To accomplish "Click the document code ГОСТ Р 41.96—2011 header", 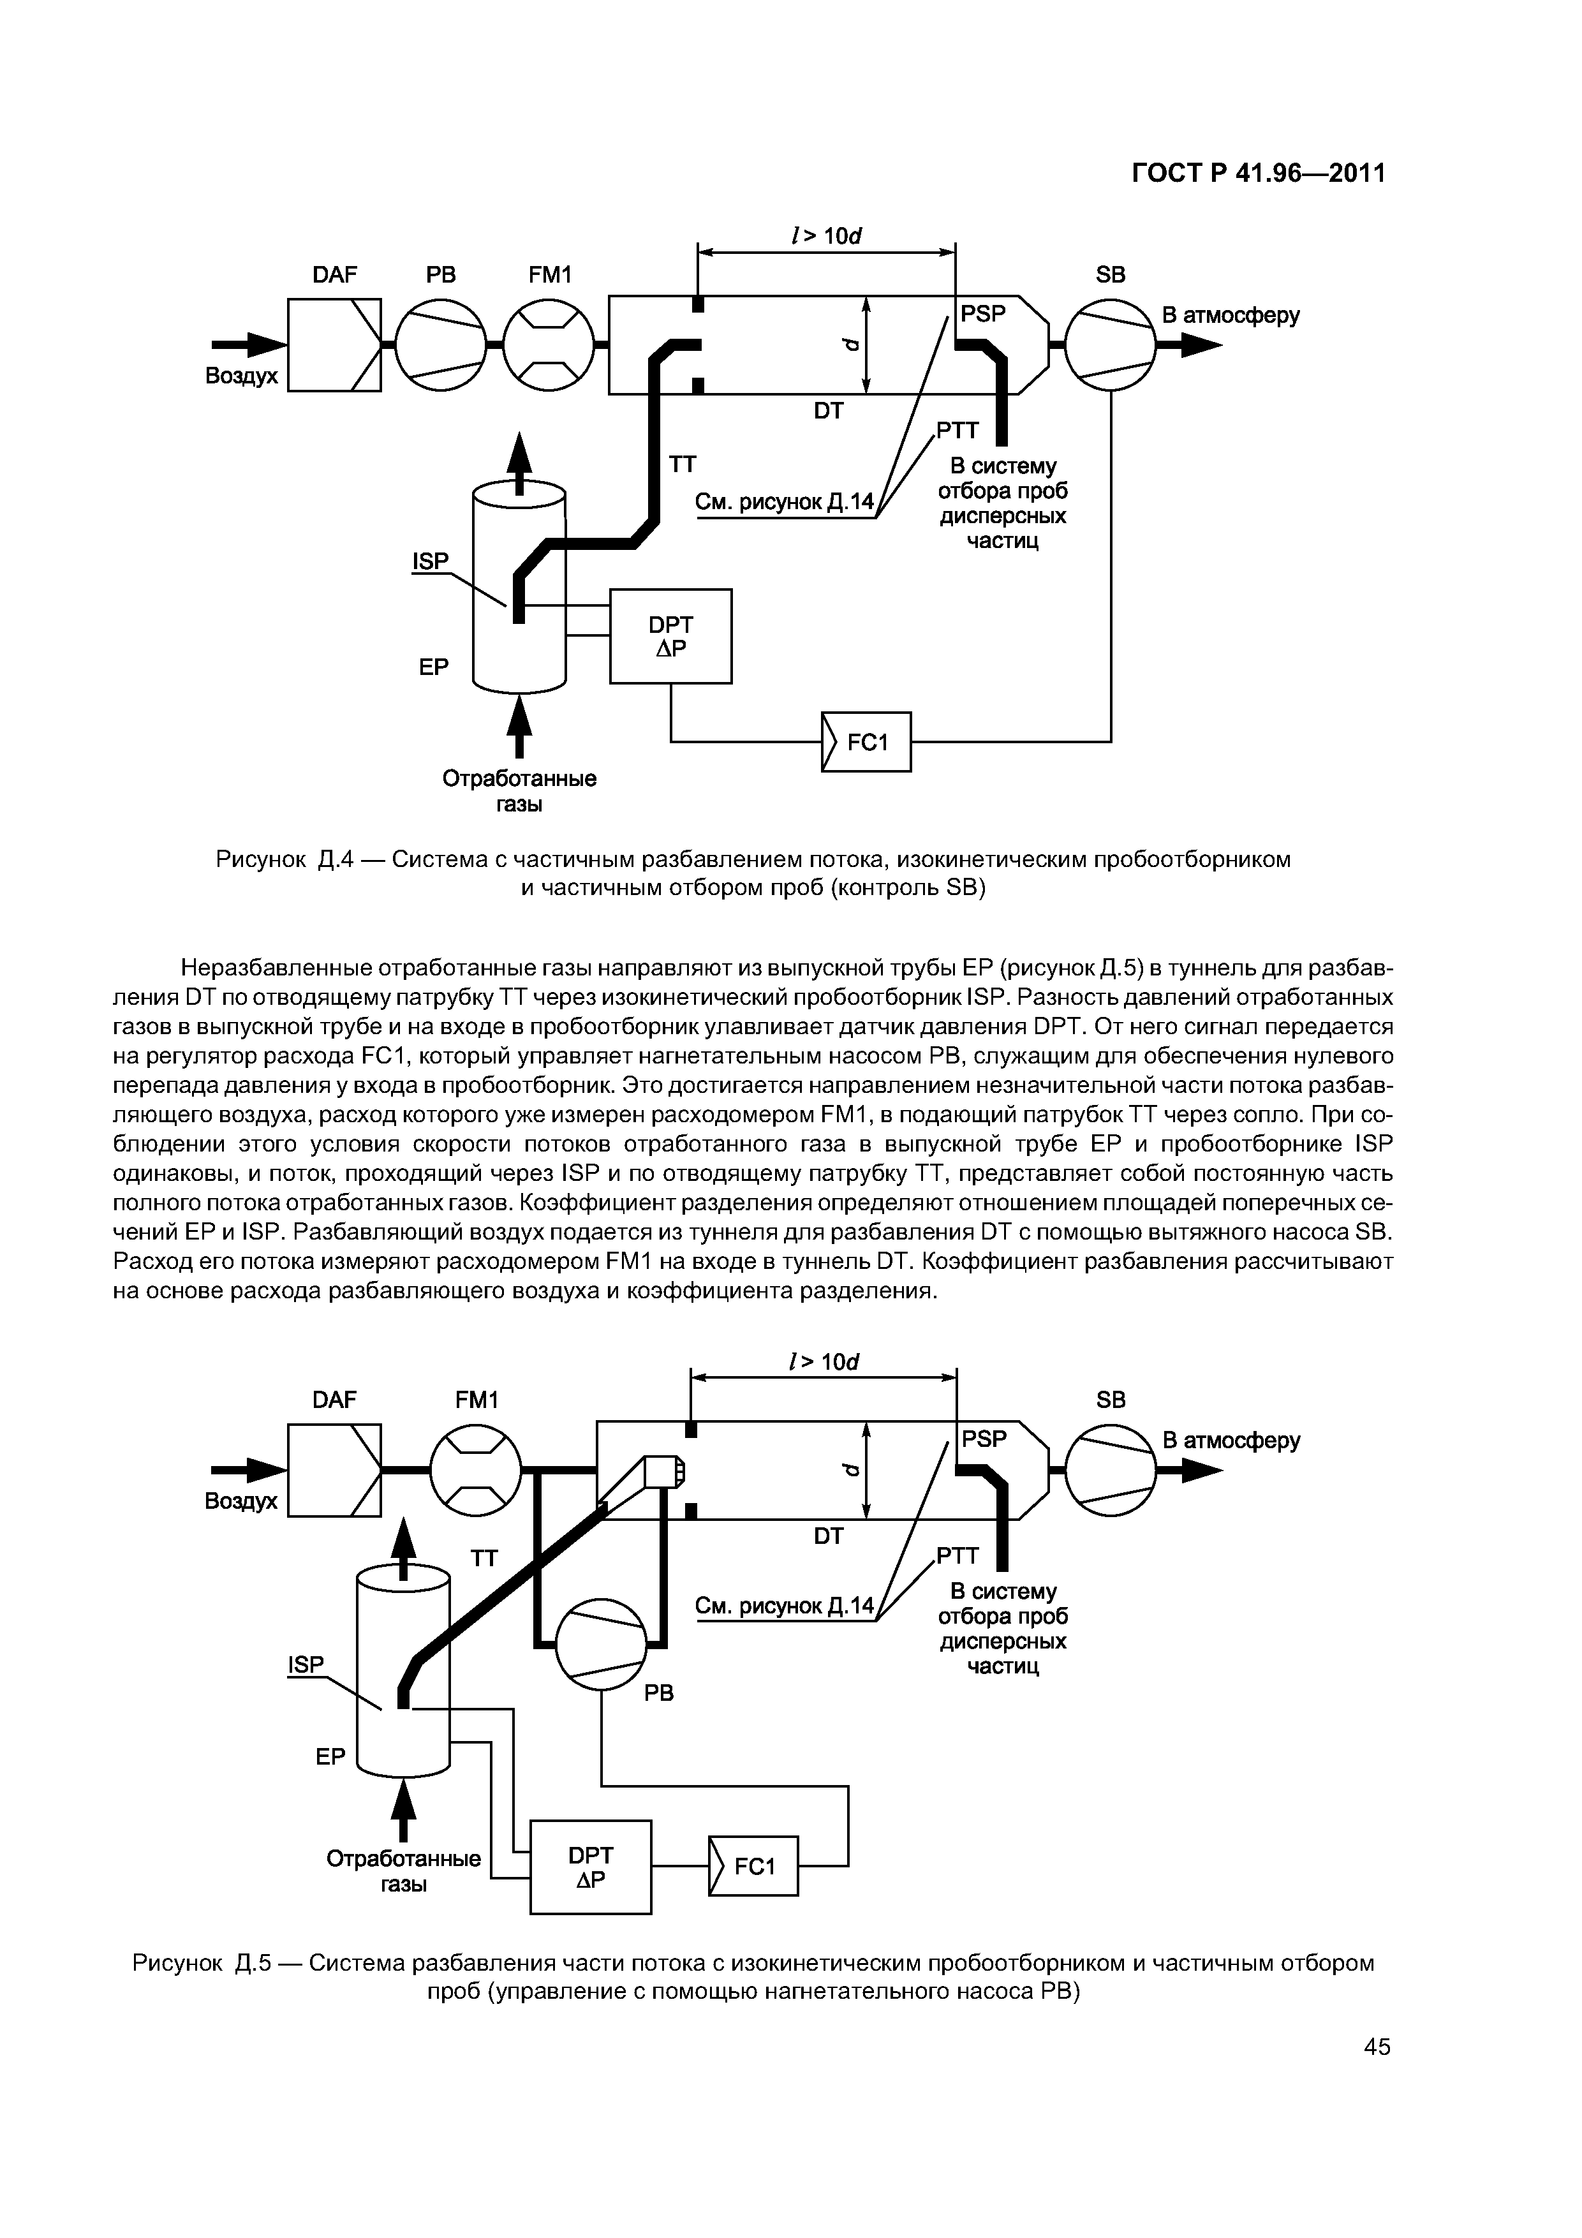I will click(x=1257, y=174).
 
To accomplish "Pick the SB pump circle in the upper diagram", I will click(x=1110, y=345).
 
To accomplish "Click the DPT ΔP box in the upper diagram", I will click(x=670, y=635).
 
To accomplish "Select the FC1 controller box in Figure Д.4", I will click(x=866, y=742).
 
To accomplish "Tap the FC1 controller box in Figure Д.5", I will click(x=753, y=1865).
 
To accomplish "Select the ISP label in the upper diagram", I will click(x=430, y=561).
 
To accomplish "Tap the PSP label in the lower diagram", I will click(x=984, y=1439).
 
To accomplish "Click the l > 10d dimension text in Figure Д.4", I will click(x=827, y=236).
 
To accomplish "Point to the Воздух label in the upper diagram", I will click(x=240, y=376).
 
